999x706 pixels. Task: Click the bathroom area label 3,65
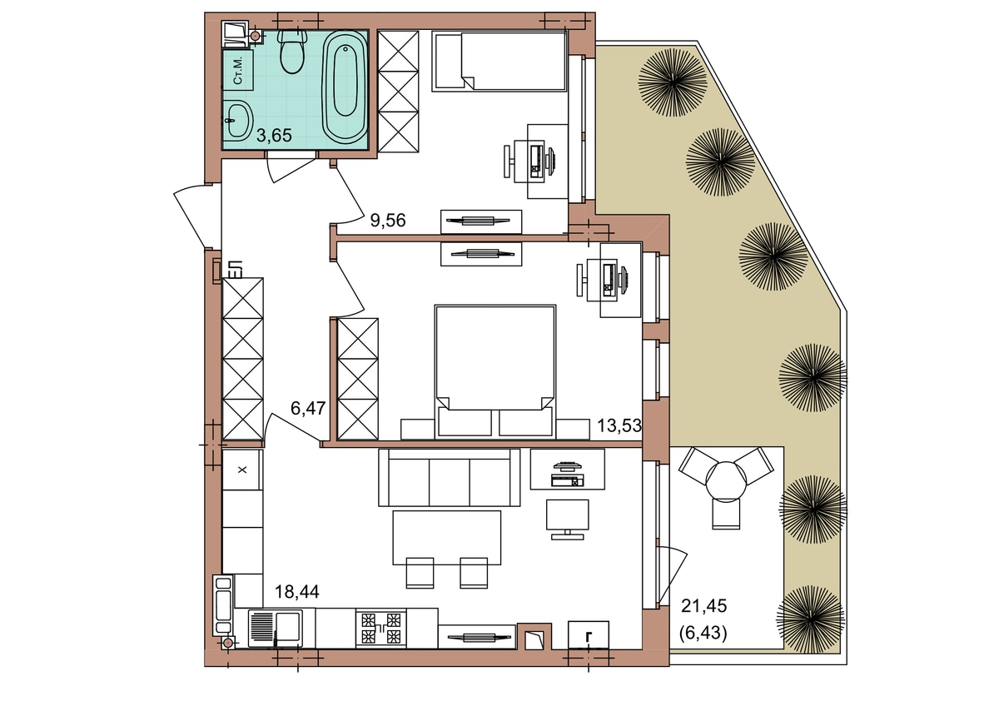pos(274,135)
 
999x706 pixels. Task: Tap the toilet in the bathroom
pos(292,52)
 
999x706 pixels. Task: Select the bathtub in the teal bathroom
pos(345,87)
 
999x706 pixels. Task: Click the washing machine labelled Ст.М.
pos(238,71)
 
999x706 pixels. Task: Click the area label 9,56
pos(388,221)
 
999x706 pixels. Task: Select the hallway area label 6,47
pos(308,408)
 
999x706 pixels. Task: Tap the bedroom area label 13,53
pos(619,425)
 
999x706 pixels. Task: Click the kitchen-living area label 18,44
pos(297,592)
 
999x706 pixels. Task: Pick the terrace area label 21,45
pos(704,605)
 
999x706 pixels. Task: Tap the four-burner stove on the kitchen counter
pos(381,628)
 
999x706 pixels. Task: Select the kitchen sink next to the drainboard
pos(289,627)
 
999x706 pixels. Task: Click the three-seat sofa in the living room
pos(449,477)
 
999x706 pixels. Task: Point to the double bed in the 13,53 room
pos(495,372)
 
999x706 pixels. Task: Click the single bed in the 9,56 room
pos(499,62)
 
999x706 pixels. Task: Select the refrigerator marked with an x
pos(242,470)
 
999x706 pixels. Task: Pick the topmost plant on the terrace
pos(673,83)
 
